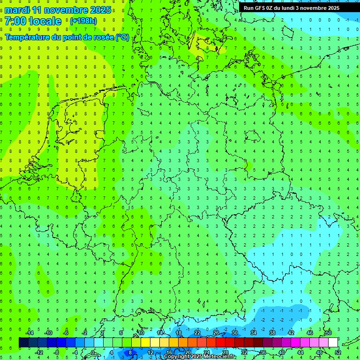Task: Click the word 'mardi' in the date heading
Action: [17, 10]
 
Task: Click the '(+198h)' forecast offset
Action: [83, 21]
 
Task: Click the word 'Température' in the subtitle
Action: [28, 37]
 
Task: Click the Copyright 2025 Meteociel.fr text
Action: [199, 357]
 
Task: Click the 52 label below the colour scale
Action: [338, 352]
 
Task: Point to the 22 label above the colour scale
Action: [197, 333]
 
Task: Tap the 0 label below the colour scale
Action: [93, 352]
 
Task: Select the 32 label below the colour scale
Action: [244, 352]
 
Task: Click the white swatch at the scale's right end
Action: [333, 343]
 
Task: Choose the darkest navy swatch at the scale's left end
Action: [23, 343]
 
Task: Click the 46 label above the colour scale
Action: [310, 333]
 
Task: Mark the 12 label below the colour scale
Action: [150, 352]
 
